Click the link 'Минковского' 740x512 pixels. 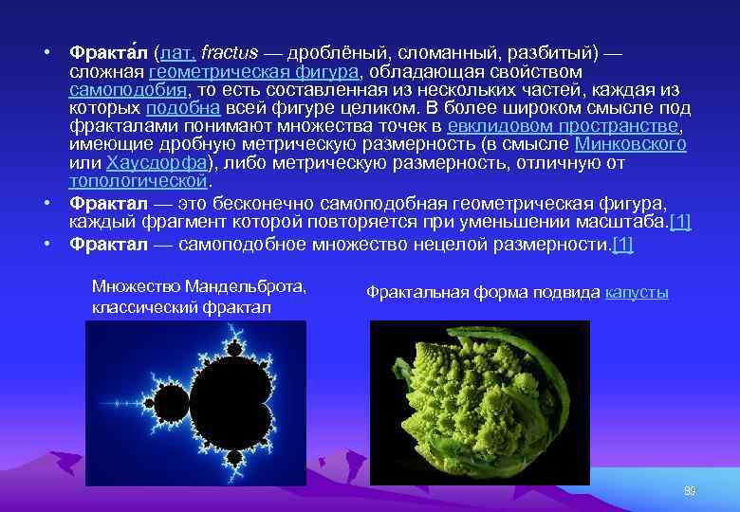631,144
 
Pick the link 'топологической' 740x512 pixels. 138,180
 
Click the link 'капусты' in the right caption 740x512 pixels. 637,293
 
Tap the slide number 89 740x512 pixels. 690,490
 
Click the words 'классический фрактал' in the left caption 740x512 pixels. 181,307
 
